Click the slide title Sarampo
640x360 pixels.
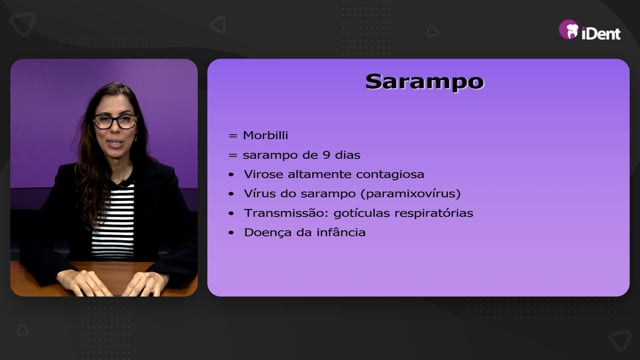tap(424, 82)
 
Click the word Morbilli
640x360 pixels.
tap(265, 135)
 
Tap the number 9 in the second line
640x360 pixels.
tap(326, 155)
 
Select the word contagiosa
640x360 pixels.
tap(390, 174)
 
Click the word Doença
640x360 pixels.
tap(267, 233)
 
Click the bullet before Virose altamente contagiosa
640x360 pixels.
tap(231, 175)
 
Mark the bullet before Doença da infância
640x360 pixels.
tap(231, 233)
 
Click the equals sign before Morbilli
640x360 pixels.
tap(233, 136)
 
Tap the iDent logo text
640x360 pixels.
tap(601, 33)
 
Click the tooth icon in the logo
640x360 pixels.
tap(572, 31)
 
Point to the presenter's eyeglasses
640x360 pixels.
tap(116, 121)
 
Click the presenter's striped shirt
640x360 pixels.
tap(113, 220)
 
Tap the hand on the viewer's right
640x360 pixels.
tap(145, 283)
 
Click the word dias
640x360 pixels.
tap(348, 155)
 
